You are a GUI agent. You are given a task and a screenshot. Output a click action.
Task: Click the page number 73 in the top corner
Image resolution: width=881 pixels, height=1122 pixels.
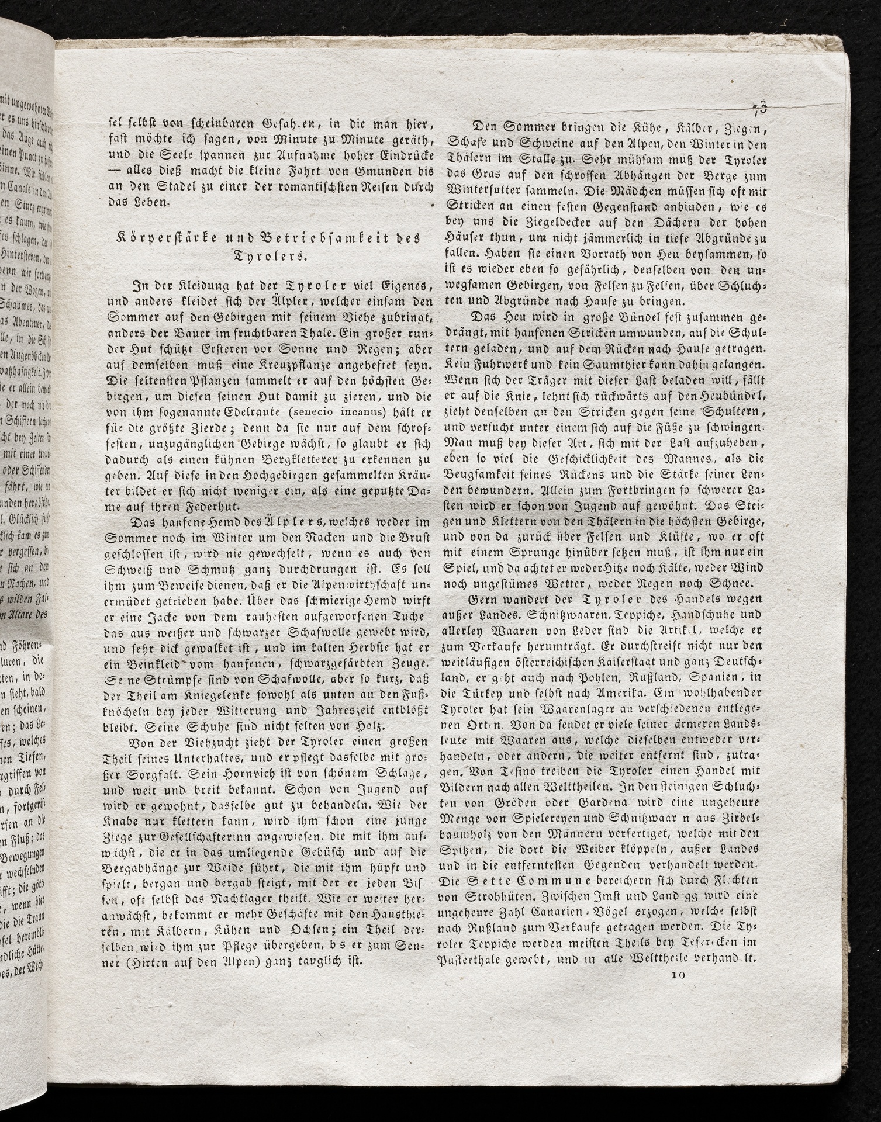[760, 107]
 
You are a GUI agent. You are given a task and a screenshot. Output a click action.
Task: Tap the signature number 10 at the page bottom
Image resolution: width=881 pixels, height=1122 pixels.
[678, 974]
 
